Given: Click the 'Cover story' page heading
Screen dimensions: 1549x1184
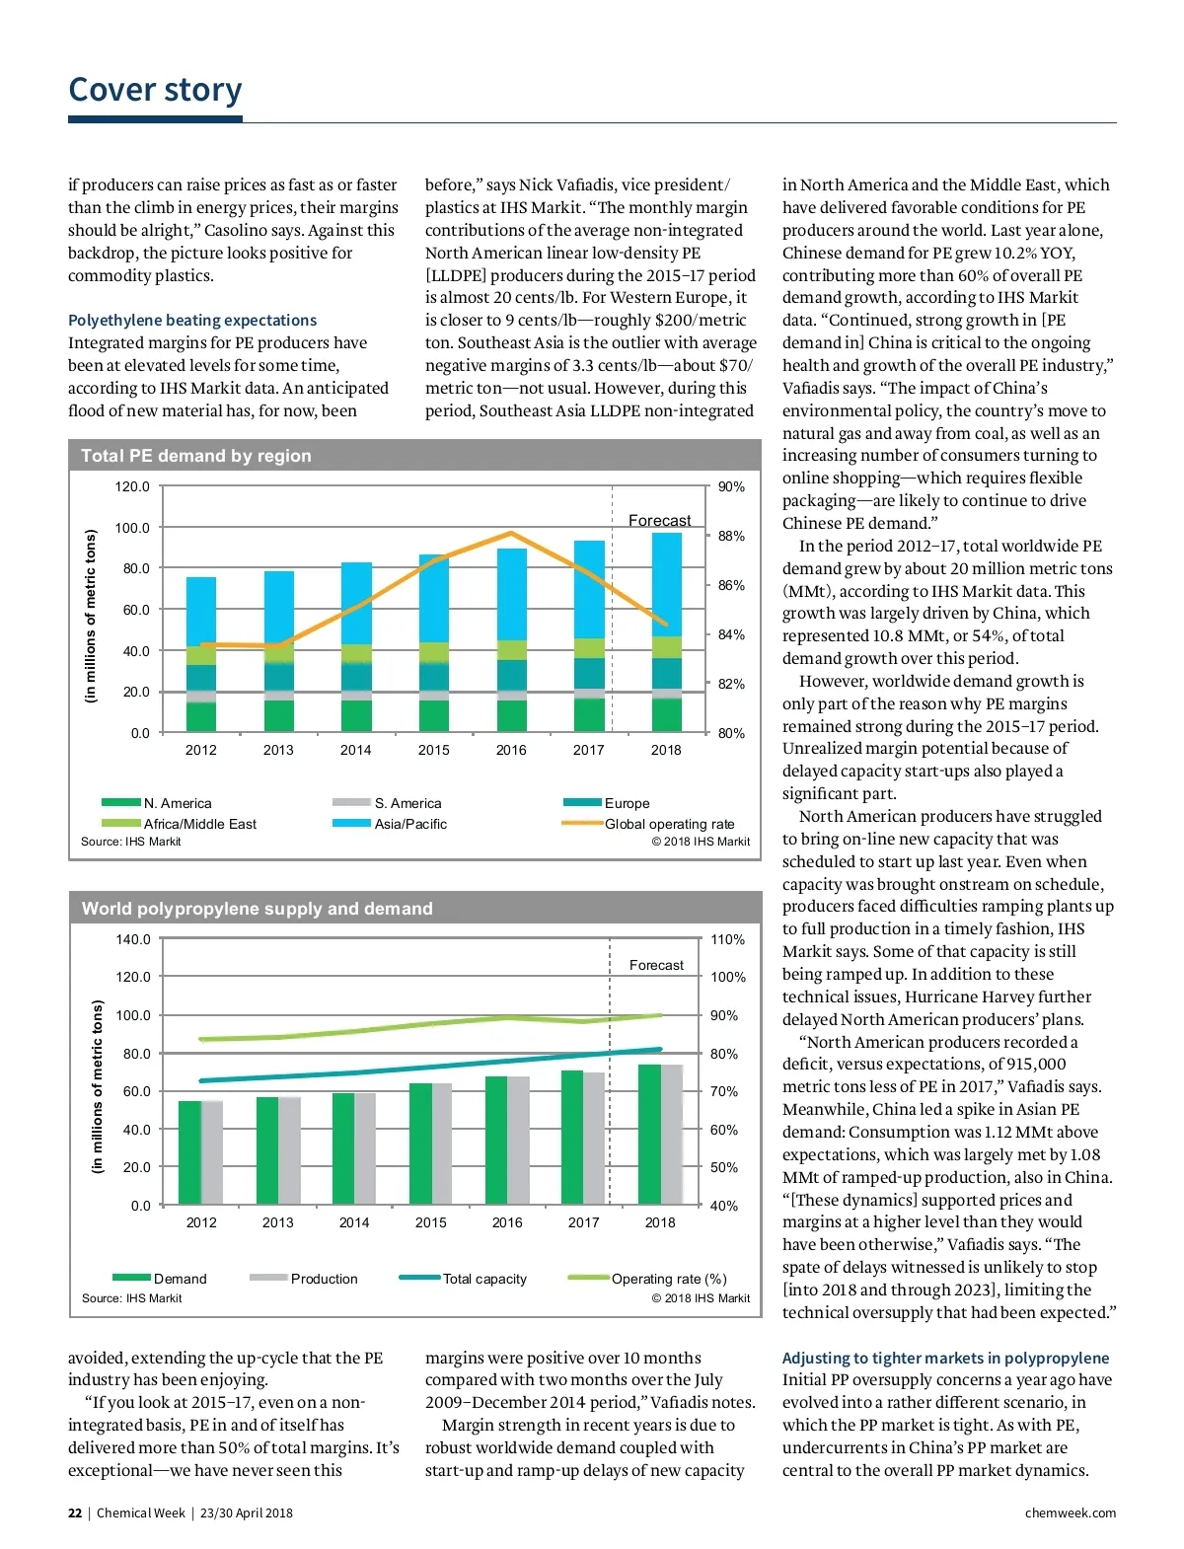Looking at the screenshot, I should click(x=155, y=90).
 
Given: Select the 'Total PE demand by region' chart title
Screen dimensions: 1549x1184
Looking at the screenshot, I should click(x=195, y=456).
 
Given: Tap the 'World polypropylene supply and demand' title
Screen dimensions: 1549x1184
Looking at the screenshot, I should click(x=257, y=909).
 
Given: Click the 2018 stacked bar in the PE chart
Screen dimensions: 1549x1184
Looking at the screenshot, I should click(x=666, y=631).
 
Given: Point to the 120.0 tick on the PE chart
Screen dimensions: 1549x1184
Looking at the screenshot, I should click(x=132, y=486).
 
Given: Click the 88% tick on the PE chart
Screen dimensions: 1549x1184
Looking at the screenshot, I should click(x=731, y=536).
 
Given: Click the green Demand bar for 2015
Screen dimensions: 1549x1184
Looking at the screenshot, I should click(x=420, y=1143).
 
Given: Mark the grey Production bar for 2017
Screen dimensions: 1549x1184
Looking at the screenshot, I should click(x=594, y=1139).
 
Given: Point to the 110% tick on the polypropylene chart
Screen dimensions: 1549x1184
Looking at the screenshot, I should click(x=728, y=939).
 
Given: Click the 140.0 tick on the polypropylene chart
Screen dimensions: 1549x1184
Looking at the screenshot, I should click(x=133, y=939).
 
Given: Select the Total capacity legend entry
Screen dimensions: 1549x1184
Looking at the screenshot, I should click(x=483, y=1279).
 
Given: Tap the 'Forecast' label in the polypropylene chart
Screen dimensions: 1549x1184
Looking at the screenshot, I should click(x=656, y=965).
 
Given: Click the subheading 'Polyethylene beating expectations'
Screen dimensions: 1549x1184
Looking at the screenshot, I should click(x=192, y=320).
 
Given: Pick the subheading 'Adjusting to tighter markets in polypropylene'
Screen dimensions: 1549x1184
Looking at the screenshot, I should click(x=945, y=1358).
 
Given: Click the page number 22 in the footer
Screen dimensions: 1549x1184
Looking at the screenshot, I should click(x=75, y=1512).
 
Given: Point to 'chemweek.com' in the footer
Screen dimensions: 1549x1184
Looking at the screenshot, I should click(x=1070, y=1512).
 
